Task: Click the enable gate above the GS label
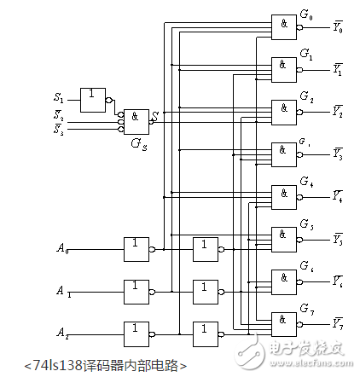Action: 136,119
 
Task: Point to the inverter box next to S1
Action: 93,97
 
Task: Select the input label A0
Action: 62,249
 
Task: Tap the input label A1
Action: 62,291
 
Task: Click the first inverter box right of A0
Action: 136,249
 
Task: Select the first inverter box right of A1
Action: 136,291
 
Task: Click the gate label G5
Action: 306,223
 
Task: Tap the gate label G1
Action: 306,53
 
